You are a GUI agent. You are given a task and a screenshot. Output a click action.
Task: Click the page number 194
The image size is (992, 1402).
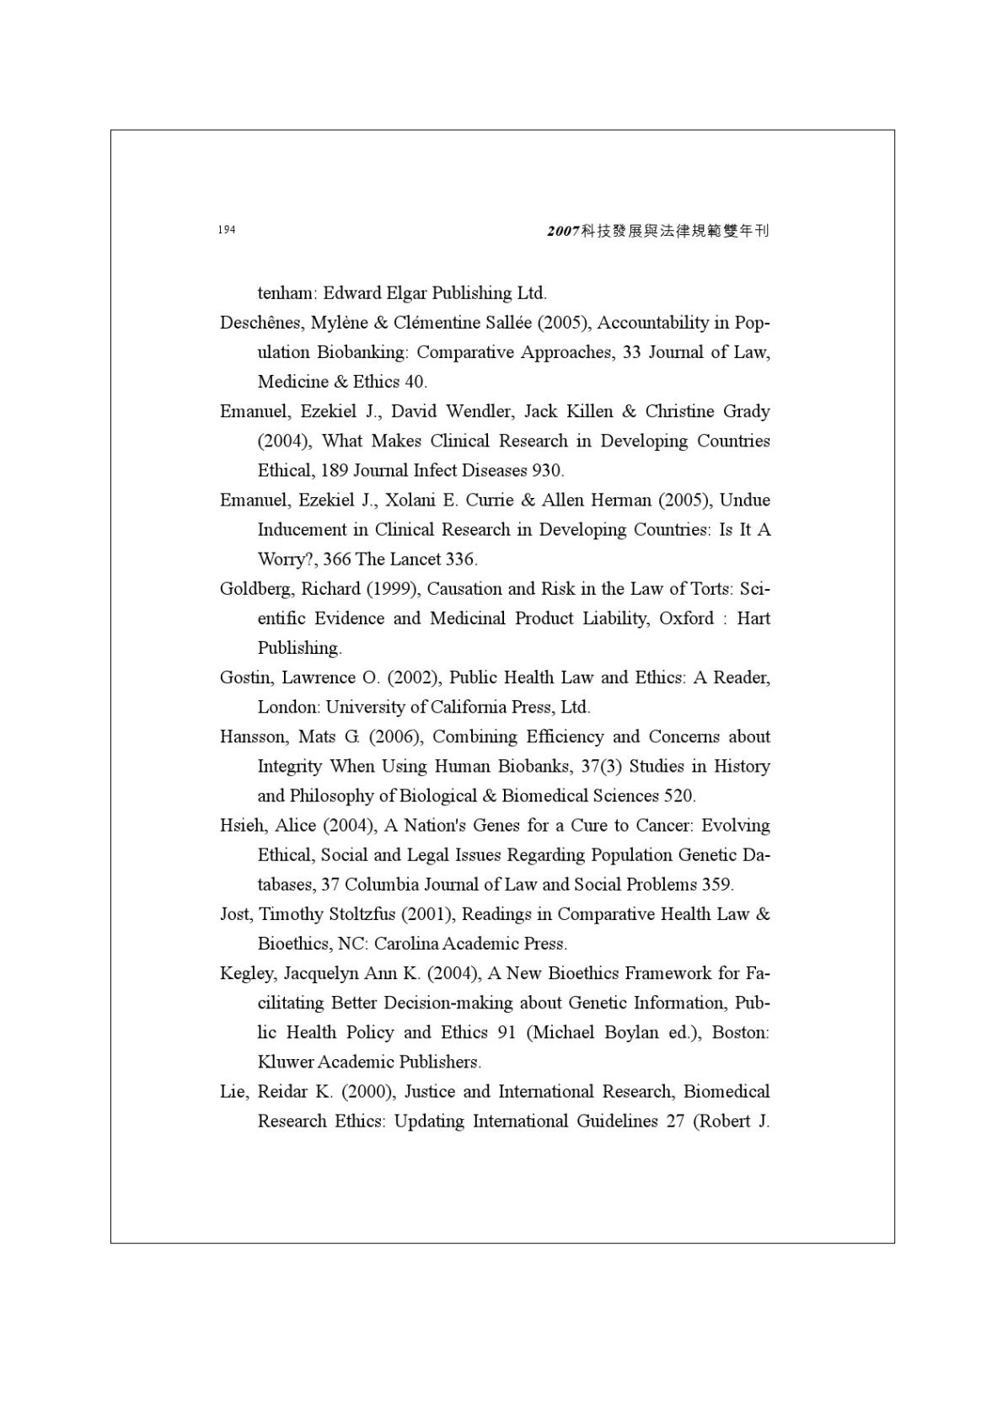point(226,230)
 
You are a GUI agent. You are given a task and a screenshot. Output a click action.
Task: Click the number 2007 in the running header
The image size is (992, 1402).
point(562,231)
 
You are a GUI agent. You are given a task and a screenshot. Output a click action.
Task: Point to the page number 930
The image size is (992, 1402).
point(548,471)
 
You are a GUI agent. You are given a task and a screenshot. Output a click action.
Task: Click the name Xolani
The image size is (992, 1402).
point(410,500)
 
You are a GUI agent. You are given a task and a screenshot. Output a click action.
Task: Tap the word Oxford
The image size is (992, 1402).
point(686,618)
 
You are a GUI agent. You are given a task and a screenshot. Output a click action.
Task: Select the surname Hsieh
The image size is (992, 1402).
point(242,826)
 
